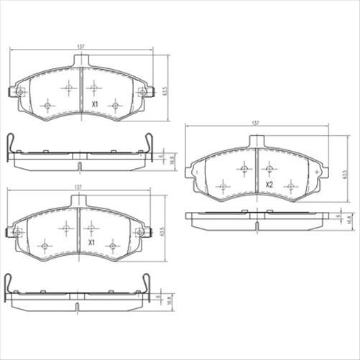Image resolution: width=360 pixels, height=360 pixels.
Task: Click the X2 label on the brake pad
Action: point(269,185)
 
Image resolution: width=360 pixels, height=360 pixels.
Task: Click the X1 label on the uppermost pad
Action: point(93,103)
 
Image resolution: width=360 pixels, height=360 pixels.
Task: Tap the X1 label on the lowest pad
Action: point(91,244)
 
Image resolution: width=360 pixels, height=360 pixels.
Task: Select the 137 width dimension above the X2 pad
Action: point(256,124)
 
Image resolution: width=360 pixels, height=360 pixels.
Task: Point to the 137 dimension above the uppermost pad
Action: point(80,47)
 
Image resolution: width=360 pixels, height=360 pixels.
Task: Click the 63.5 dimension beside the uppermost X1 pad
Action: point(167,92)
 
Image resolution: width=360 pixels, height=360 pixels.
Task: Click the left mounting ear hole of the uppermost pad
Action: point(19,92)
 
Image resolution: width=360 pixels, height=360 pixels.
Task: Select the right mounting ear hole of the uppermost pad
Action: point(142,92)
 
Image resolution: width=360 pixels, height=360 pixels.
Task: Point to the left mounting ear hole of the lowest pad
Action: point(17,232)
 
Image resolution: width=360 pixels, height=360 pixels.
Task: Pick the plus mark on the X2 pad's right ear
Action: point(318,172)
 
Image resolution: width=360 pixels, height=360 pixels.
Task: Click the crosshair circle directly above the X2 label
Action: point(269,169)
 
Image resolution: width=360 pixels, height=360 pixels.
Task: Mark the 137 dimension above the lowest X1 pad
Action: point(78,188)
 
